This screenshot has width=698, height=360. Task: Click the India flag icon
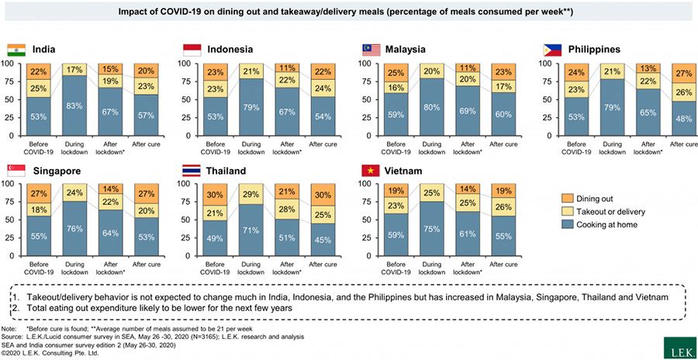pos(16,50)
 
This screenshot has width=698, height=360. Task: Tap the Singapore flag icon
pos(16,170)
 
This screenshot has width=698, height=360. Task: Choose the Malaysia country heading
pos(405,50)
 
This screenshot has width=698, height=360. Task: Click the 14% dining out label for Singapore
pos(112,189)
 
